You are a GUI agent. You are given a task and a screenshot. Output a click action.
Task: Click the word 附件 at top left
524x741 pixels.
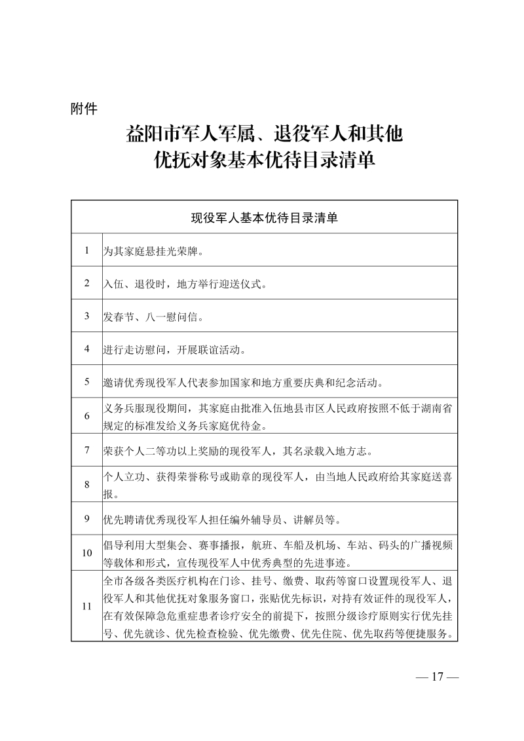(84, 109)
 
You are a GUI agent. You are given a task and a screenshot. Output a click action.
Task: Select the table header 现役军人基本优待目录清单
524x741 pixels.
(264, 218)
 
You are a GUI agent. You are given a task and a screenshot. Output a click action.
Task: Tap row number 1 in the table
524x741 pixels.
(86, 250)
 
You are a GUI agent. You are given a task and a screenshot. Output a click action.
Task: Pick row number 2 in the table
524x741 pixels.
(86, 283)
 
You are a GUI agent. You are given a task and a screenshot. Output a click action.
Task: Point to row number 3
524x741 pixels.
(86, 316)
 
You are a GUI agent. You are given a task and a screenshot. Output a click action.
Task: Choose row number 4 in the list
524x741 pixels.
(86, 349)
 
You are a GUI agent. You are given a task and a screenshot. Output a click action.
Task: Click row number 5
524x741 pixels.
(86, 381)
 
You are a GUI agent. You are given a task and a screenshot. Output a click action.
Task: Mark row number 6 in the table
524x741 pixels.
(86, 416)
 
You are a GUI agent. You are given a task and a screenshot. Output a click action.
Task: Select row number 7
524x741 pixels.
(86, 450)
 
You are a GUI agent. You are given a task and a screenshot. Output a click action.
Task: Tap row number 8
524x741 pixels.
(86, 485)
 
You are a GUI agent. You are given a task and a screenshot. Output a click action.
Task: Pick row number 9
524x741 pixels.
(86, 519)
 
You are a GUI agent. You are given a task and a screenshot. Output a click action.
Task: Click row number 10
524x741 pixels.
(86, 553)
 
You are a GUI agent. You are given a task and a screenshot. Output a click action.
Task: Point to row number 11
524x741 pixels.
(86, 606)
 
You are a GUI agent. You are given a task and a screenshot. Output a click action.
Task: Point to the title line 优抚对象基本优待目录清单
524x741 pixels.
(264, 161)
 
